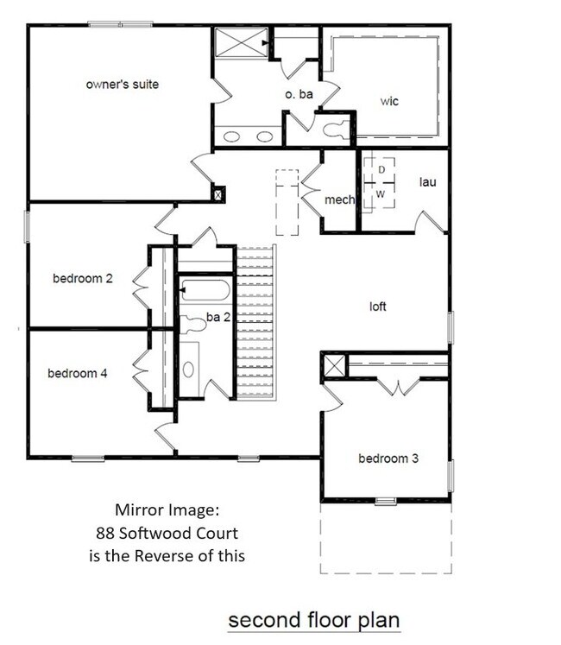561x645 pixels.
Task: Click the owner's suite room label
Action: [122, 85]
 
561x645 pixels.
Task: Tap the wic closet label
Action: [389, 101]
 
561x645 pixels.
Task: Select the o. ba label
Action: [299, 94]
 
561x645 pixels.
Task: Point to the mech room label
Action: [339, 200]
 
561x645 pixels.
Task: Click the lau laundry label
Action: [427, 182]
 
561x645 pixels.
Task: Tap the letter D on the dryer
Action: [381, 171]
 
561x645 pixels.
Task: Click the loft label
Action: [378, 307]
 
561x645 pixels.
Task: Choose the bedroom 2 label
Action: [83, 279]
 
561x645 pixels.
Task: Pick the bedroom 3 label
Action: [388, 458]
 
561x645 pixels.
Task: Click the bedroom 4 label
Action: [78, 374]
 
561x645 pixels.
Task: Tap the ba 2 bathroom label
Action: [217, 319]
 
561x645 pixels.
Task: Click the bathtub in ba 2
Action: [205, 290]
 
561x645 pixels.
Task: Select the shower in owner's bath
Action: [238, 42]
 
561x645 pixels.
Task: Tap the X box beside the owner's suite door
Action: [218, 195]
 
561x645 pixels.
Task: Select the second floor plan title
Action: [313, 620]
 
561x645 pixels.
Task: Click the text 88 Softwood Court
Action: [167, 533]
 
